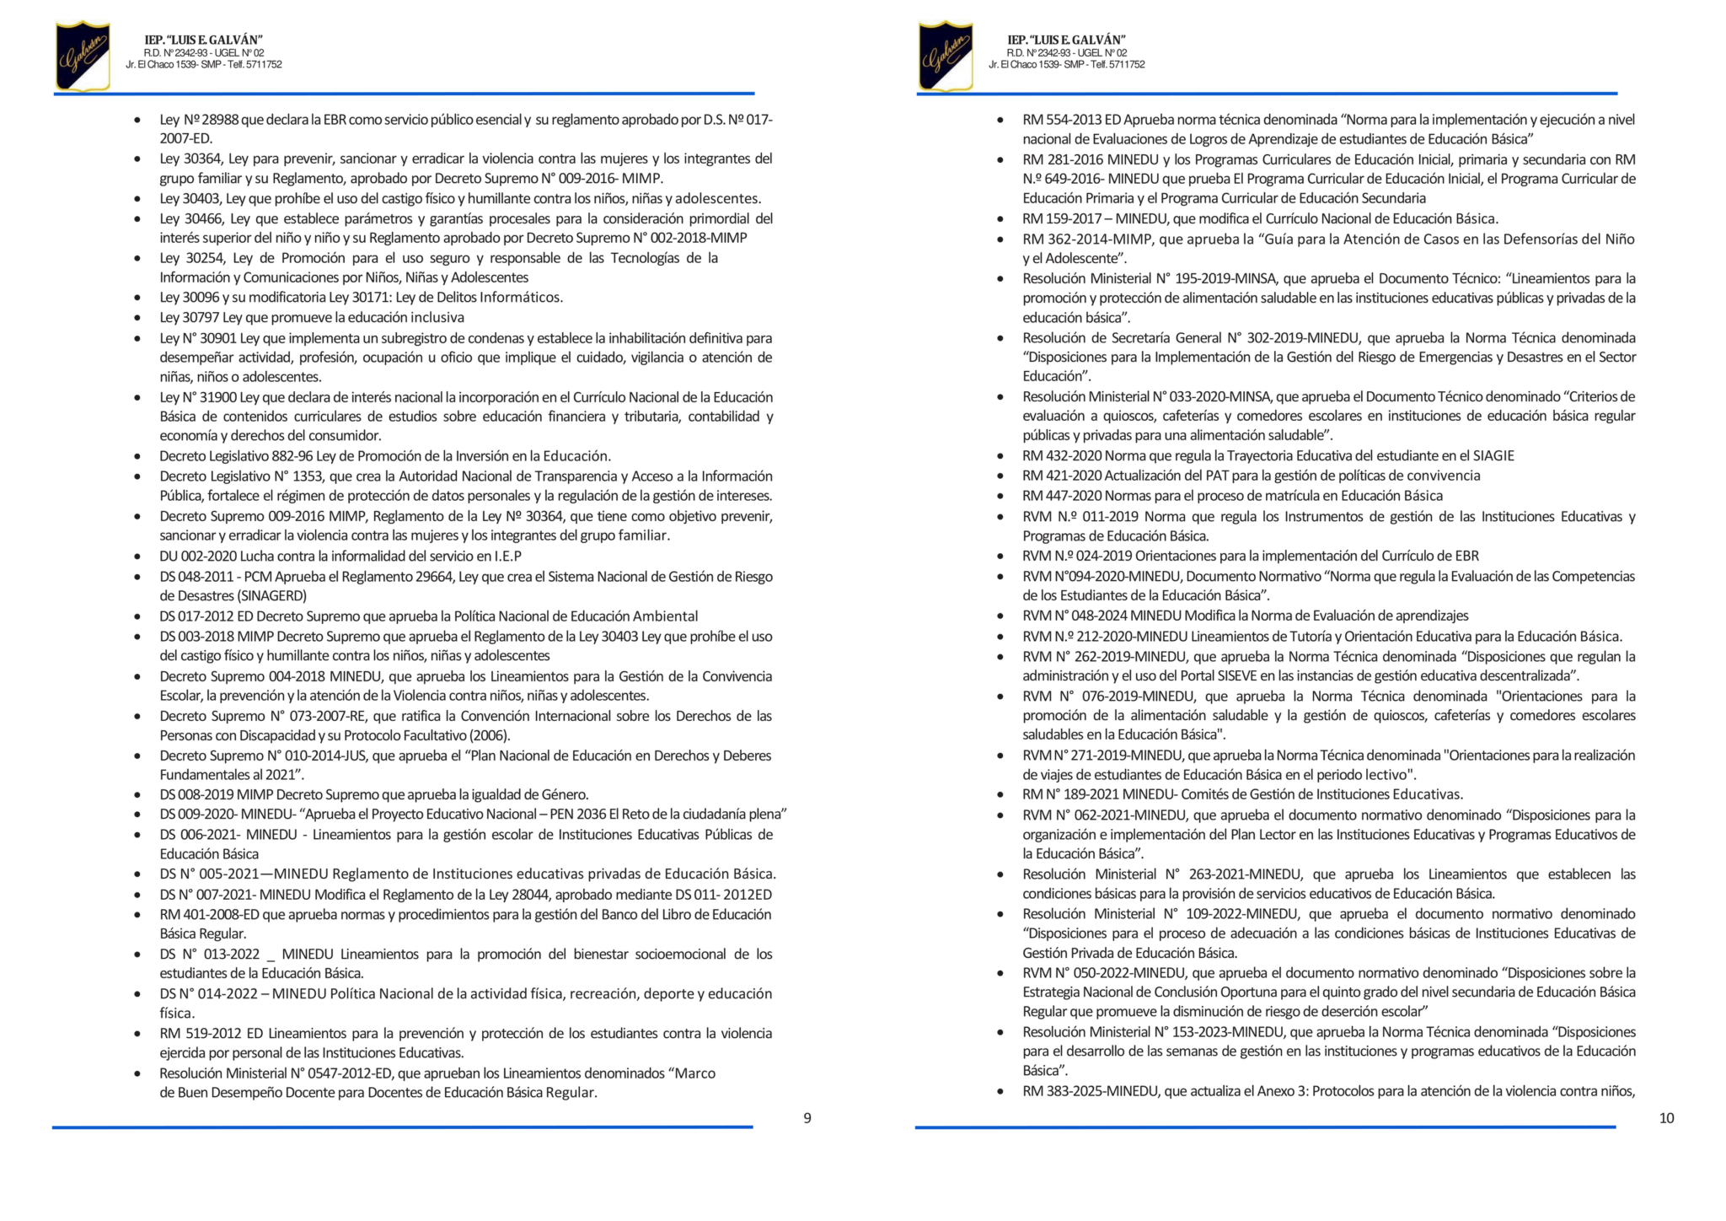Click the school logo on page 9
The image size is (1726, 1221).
click(83, 56)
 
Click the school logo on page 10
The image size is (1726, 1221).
click(946, 56)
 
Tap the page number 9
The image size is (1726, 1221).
click(807, 1118)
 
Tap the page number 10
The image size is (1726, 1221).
click(1665, 1118)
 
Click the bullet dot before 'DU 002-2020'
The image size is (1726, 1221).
click(137, 557)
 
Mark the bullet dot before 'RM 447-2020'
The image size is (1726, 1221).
click(1000, 497)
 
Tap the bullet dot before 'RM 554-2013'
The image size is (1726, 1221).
click(1000, 121)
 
